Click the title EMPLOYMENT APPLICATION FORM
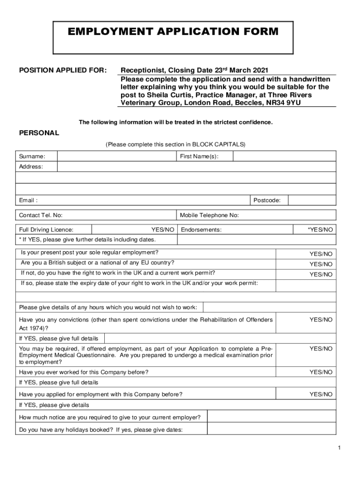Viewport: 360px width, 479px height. (x=173, y=32)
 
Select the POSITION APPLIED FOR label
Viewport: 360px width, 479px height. (x=63, y=71)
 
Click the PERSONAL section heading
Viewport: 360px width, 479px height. (x=39, y=133)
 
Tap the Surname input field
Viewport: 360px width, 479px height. (x=116, y=156)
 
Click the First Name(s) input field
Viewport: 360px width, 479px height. (x=284, y=156)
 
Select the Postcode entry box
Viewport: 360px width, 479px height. (x=312, y=201)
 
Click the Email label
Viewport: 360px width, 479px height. (x=29, y=201)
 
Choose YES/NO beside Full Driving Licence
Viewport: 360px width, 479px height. (x=163, y=230)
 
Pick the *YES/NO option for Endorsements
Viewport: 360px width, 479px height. (x=320, y=230)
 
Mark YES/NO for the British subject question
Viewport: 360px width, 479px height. (x=321, y=264)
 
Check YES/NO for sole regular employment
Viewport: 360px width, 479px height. (x=321, y=254)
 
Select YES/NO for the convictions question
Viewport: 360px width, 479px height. (x=321, y=320)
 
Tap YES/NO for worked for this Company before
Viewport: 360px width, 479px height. (x=321, y=372)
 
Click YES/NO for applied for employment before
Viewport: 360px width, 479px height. (x=321, y=395)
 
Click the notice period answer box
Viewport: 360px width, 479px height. (x=271, y=417)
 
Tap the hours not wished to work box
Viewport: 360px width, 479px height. (x=269, y=307)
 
